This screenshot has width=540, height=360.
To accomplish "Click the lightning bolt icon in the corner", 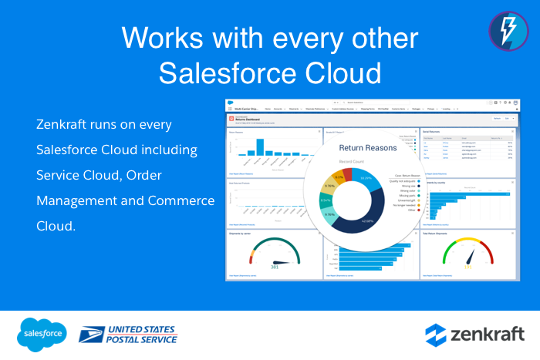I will coord(508,30).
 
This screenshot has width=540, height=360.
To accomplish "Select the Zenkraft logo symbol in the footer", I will coord(437,335).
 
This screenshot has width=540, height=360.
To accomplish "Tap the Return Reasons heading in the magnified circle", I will coord(367,146).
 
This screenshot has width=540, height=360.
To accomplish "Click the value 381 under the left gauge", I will coord(273,267).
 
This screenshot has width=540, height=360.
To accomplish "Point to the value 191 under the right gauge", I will coord(467,267).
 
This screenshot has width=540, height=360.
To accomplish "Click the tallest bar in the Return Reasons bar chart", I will coord(260,146).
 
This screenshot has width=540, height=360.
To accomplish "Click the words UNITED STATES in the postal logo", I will coord(143,328).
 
